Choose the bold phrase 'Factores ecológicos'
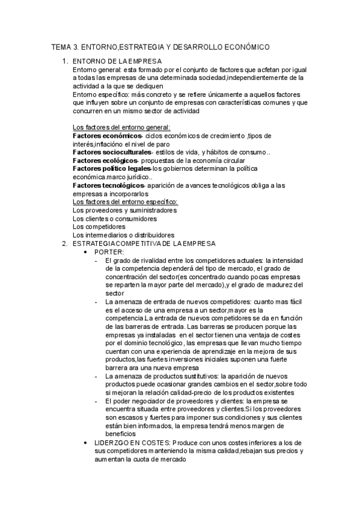(x=103, y=161)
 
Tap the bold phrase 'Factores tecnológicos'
(x=107, y=185)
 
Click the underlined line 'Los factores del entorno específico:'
(x=124, y=202)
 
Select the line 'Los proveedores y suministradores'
(x=124, y=210)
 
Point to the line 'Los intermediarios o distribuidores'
(x=123, y=235)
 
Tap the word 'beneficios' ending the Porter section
(x=120, y=433)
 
